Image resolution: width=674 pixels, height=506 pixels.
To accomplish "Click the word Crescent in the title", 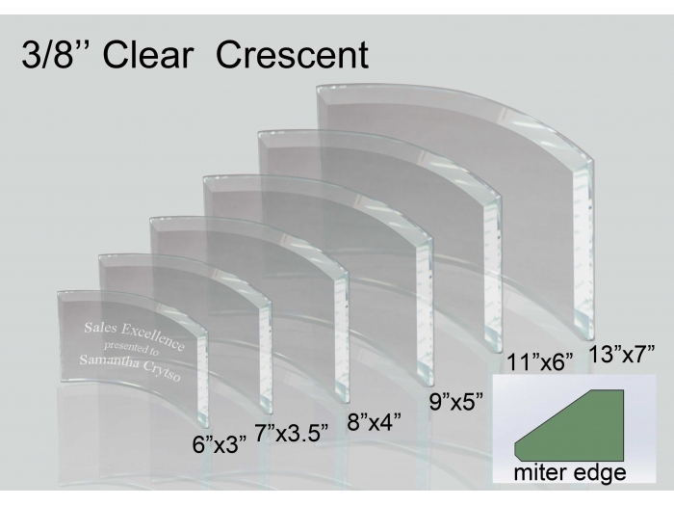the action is (x=292, y=55).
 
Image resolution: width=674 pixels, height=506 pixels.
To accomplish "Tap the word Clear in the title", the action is (x=148, y=55).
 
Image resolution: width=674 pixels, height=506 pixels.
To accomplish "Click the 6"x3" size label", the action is (x=220, y=444).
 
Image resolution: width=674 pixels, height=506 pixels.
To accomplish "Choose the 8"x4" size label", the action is (x=375, y=422).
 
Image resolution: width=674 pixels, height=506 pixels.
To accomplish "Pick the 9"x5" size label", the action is (x=456, y=402).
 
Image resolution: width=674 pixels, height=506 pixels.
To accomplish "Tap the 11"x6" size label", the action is (x=540, y=361).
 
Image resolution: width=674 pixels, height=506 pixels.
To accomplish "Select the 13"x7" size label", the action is (x=622, y=354).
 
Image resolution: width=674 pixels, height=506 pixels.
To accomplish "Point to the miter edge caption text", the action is (x=570, y=472).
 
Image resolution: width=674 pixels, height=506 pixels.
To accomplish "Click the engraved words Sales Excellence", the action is (x=135, y=335).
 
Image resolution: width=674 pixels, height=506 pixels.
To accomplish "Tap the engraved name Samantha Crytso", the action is (x=130, y=368).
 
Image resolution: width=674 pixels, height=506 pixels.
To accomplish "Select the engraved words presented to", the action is (x=132, y=349).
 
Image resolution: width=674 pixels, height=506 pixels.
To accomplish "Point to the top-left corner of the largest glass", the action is (x=317, y=87).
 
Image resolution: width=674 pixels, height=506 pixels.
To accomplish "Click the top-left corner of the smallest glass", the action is (x=58, y=293).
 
